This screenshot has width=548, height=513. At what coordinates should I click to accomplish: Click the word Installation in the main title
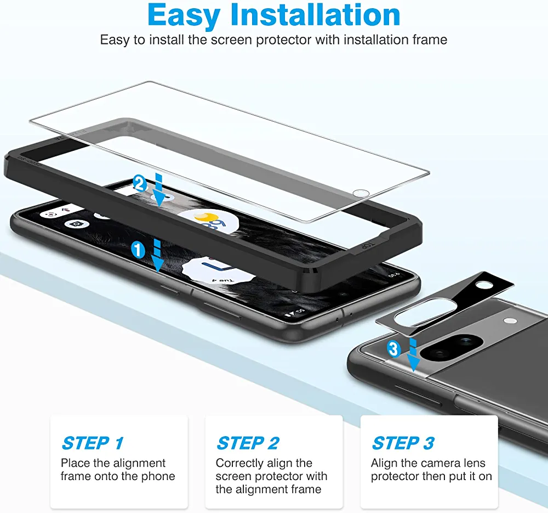(x=316, y=15)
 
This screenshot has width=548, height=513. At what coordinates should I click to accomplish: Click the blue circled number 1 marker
(x=138, y=250)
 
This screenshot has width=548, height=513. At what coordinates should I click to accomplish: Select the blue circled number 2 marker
(x=140, y=184)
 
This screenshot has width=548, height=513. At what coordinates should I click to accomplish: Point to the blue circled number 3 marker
(x=394, y=349)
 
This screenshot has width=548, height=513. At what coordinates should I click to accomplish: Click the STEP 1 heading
(x=93, y=443)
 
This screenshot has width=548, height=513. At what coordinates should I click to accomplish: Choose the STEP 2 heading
(x=248, y=443)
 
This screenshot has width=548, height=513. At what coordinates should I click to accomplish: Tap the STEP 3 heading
(x=403, y=443)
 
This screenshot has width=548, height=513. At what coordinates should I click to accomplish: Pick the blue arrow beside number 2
(x=159, y=189)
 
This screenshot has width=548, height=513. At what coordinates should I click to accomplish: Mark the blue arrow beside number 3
(x=413, y=354)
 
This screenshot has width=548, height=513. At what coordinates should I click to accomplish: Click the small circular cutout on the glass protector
(x=361, y=193)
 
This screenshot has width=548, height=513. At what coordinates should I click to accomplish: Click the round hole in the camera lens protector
(x=484, y=285)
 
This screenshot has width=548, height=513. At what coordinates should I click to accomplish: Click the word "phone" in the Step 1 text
(x=158, y=476)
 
